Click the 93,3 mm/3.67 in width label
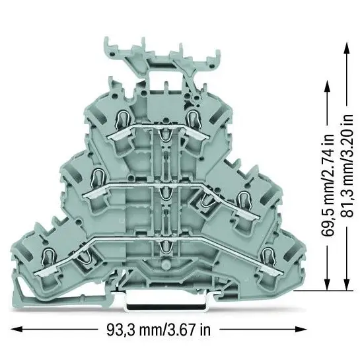pos(159,330)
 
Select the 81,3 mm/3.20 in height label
pos(347,166)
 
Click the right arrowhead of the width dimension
pos(301,330)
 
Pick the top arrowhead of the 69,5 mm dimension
pos(328,86)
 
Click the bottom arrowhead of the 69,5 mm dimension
pos(328,284)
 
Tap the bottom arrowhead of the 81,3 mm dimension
pos(347,284)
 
